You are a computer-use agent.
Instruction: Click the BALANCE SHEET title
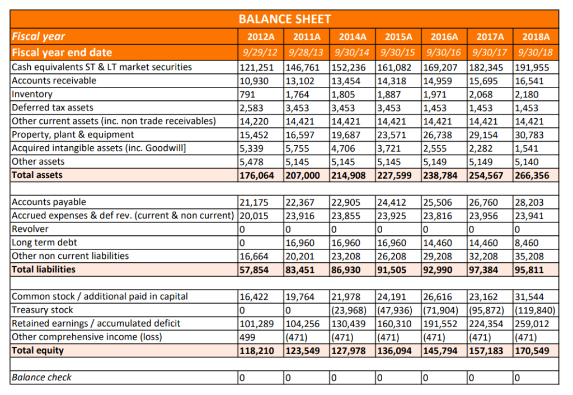[x=284, y=19]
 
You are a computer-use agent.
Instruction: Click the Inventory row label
[x=32, y=94]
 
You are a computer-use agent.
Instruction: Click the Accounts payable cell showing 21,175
[x=253, y=202]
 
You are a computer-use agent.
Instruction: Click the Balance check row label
[x=41, y=378]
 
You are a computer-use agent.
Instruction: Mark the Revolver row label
[x=30, y=229]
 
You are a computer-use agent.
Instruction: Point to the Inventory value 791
[x=246, y=94]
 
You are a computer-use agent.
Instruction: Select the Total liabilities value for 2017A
[x=485, y=269]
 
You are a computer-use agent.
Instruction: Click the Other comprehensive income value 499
[x=247, y=337]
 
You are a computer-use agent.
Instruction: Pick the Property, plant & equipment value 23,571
[x=393, y=134]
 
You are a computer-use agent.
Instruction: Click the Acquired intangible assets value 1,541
[x=526, y=148]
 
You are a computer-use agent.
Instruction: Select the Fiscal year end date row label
[x=62, y=53]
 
